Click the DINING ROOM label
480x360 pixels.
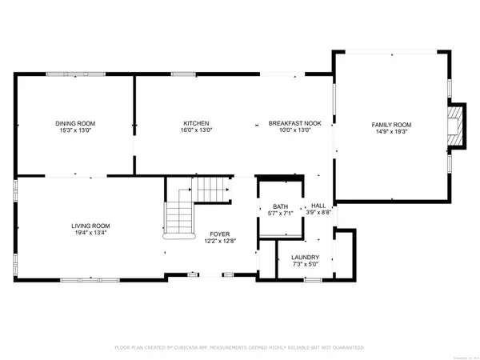[75, 123]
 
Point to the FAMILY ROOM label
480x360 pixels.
[390, 125]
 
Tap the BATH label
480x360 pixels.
[279, 206]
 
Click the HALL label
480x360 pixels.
[319, 206]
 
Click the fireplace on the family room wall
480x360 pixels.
[456, 126]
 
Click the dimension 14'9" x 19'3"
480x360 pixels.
[390, 133]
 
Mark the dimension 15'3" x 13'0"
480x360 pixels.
[75, 131]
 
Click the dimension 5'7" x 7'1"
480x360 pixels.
[279, 214]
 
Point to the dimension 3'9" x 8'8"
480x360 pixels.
[319, 214]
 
